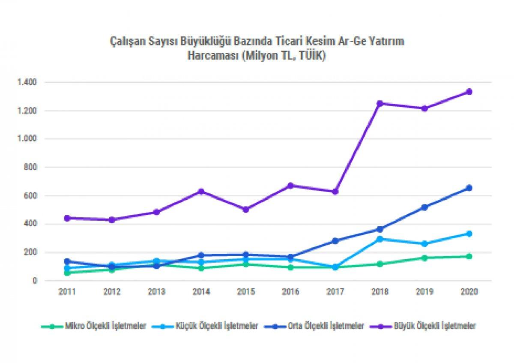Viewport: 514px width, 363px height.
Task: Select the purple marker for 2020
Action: pyautogui.click(x=469, y=92)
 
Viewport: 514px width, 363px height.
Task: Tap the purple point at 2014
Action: pyautogui.click(x=201, y=191)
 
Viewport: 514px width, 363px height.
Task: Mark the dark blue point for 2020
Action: pyautogui.click(x=469, y=188)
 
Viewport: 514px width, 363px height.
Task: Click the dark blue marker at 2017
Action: pyautogui.click(x=335, y=241)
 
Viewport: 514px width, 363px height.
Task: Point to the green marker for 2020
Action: pyautogui.click(x=469, y=256)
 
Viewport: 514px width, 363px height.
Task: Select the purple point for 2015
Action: pyautogui.click(x=246, y=210)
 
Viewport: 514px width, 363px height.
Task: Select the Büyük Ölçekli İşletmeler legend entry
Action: pyautogui.click(x=435, y=326)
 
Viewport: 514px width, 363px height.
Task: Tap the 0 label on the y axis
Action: pyautogui.click(x=36, y=281)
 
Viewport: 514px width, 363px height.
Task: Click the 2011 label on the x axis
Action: pyautogui.click(x=67, y=292)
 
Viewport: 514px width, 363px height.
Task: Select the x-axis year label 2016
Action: pyautogui.click(x=291, y=292)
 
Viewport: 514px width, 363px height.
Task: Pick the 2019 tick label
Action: pyautogui.click(x=424, y=292)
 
